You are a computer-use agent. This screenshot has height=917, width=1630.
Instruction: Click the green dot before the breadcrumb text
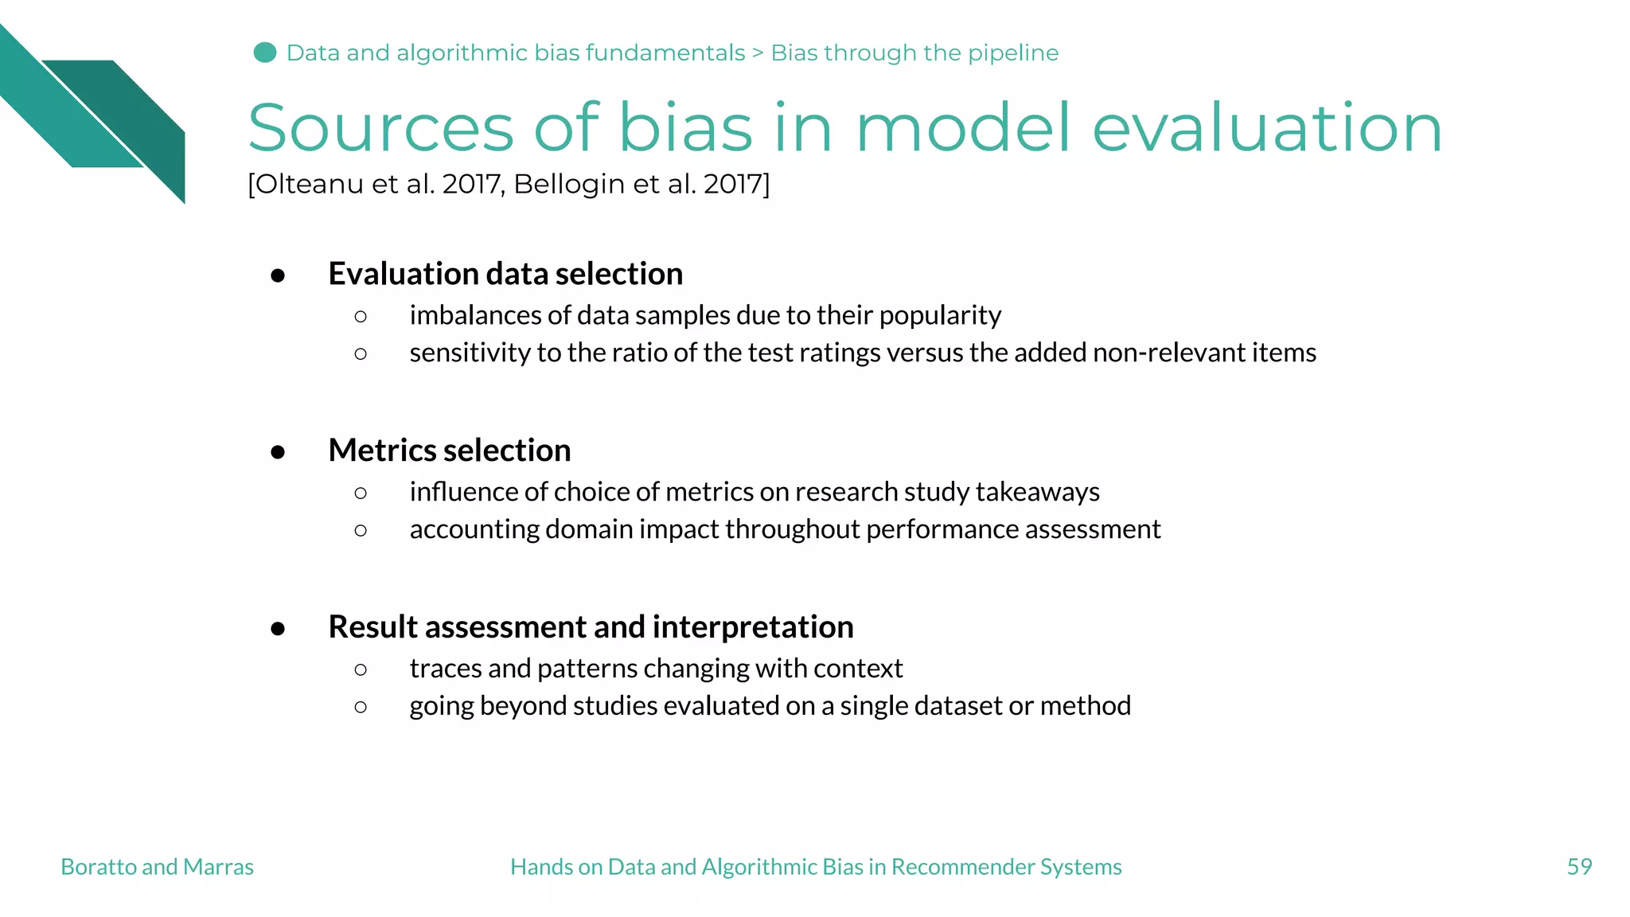point(264,53)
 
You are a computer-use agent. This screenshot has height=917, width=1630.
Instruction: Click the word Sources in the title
point(380,128)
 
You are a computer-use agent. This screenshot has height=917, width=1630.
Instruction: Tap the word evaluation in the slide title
point(1267,128)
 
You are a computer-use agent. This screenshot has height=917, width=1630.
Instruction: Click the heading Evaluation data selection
point(505,274)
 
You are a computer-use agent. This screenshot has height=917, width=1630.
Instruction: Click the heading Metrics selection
point(450,451)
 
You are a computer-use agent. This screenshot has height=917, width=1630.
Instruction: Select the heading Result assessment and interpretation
point(591,627)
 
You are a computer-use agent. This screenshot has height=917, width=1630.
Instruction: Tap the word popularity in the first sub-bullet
point(940,316)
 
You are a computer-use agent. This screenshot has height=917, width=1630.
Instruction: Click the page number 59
point(1579,867)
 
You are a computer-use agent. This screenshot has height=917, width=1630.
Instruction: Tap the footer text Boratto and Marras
point(157,867)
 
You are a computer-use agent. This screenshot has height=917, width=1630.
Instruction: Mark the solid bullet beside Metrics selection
point(278,453)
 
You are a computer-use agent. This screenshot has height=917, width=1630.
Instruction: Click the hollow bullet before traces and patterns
point(361,670)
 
